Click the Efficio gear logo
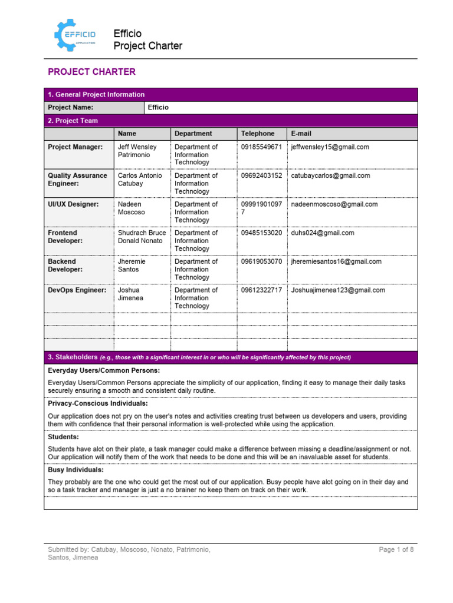(x=75, y=36)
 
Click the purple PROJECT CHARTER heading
(x=91, y=72)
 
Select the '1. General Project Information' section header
(x=96, y=94)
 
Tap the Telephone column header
(x=258, y=134)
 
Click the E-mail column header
(x=301, y=134)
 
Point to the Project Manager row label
(x=75, y=147)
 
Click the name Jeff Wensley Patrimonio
(x=137, y=151)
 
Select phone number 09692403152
(x=261, y=175)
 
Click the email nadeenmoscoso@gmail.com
(x=334, y=204)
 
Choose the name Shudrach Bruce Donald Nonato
(x=142, y=237)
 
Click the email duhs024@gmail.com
(x=323, y=233)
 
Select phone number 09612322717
(x=261, y=290)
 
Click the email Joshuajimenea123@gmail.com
(x=338, y=290)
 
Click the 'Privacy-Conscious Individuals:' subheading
(x=98, y=403)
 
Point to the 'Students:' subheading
(x=63, y=436)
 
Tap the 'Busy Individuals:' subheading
(x=75, y=470)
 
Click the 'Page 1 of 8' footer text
(x=396, y=549)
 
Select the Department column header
(x=193, y=134)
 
